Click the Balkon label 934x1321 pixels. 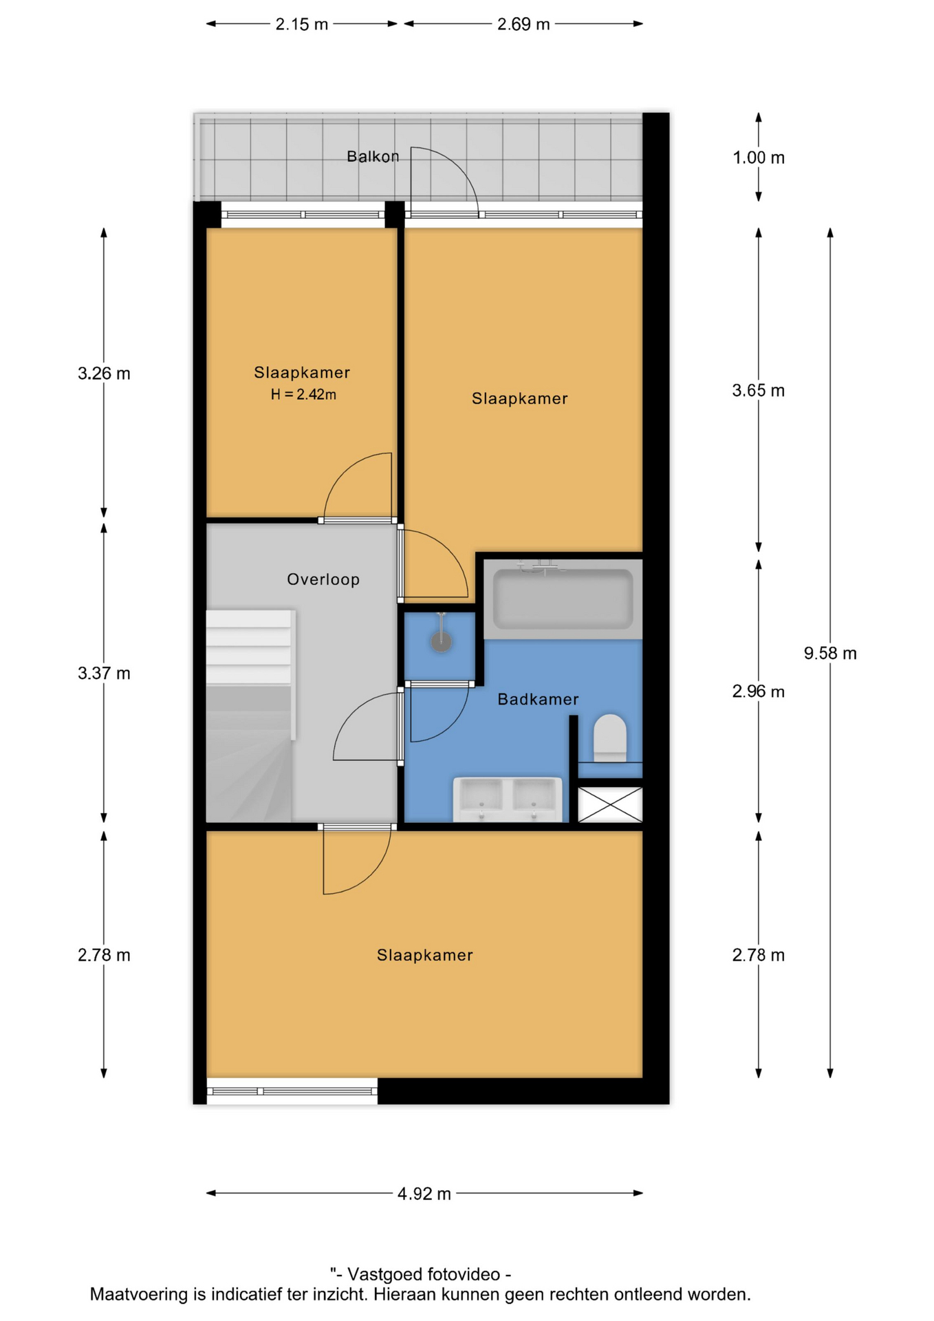[x=372, y=157]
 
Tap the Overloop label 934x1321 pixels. [x=323, y=579]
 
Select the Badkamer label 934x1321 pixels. [x=538, y=699]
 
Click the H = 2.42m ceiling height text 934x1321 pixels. [x=303, y=394]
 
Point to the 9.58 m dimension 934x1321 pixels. [x=830, y=653]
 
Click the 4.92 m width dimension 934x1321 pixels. [x=424, y=1193]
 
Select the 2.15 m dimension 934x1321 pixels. [x=301, y=24]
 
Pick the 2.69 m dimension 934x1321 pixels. [x=523, y=24]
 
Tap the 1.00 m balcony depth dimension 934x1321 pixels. [x=758, y=158]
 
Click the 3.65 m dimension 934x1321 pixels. [x=758, y=391]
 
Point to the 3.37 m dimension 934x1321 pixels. [x=104, y=673]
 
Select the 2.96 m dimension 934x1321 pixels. [x=758, y=691]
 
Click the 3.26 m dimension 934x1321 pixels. [x=104, y=374]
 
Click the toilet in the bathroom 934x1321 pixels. [x=609, y=738]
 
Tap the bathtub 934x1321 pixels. [x=563, y=599]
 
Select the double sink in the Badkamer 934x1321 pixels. [x=508, y=799]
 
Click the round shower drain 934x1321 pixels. [x=441, y=642]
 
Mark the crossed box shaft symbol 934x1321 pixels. [x=610, y=804]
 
